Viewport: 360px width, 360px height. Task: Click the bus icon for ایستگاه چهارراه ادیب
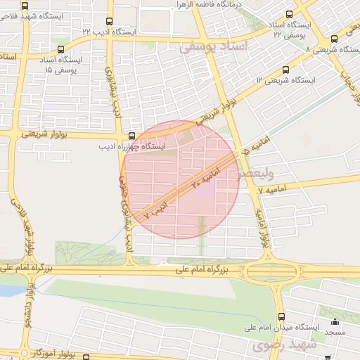click(131, 136)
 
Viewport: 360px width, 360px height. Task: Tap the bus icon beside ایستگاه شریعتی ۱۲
click(285, 70)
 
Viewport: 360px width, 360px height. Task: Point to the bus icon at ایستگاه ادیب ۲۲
click(108, 22)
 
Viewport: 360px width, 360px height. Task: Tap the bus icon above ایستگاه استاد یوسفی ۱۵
click(60, 49)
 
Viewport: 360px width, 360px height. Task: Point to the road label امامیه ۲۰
click(202, 178)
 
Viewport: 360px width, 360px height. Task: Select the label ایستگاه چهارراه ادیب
click(134, 148)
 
